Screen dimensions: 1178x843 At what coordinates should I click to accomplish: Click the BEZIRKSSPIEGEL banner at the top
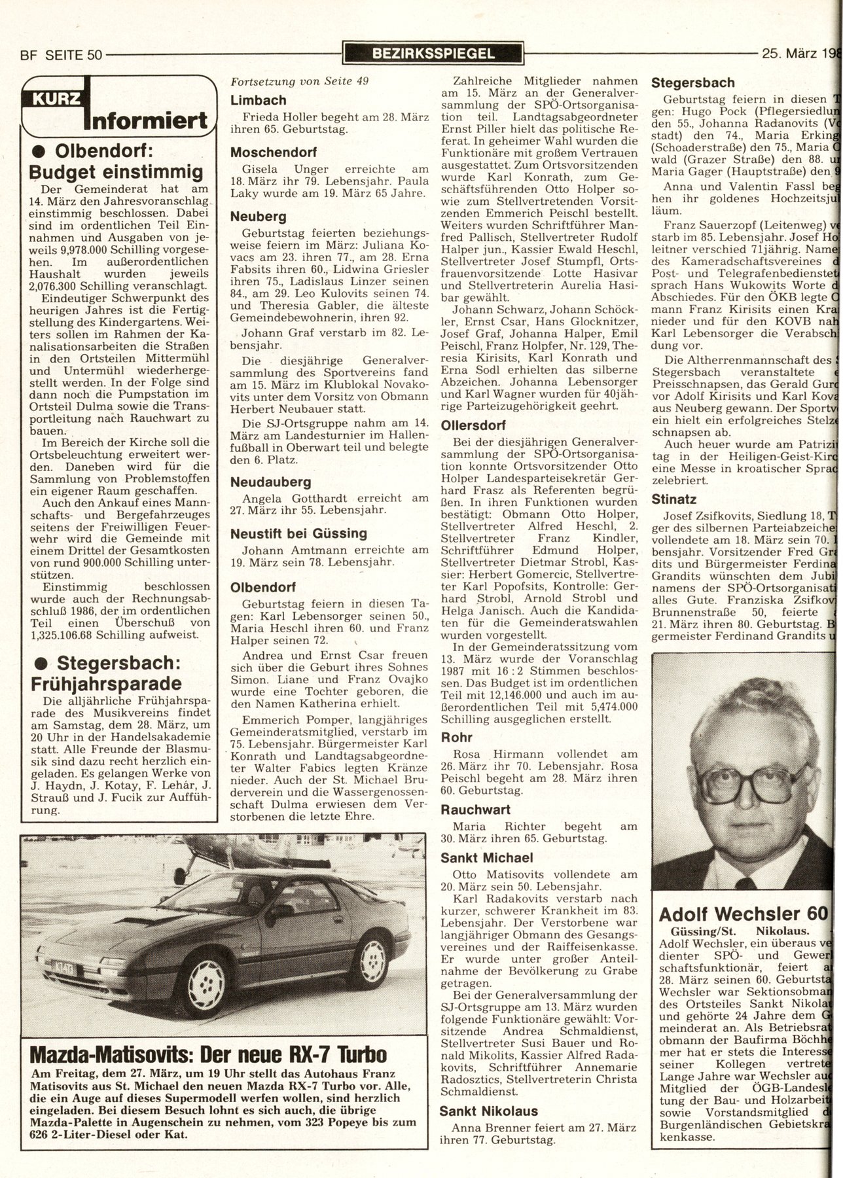tap(433, 53)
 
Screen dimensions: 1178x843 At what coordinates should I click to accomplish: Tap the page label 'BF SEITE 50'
tap(62, 55)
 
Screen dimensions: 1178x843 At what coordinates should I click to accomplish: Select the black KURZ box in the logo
tap(52, 99)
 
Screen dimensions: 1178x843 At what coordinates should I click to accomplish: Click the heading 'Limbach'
tap(259, 100)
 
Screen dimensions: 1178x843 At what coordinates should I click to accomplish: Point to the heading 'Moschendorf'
tap(274, 152)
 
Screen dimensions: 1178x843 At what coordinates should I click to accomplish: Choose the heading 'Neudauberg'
tap(271, 482)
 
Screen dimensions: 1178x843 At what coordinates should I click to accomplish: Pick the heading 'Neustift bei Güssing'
tap(298, 533)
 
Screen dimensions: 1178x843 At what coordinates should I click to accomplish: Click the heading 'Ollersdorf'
tap(473, 425)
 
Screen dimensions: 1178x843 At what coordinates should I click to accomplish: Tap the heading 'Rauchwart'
tap(475, 810)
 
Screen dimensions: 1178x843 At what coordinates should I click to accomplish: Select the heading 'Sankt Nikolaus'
tap(488, 1111)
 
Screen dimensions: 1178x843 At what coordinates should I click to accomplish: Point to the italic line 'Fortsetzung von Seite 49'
tap(300, 81)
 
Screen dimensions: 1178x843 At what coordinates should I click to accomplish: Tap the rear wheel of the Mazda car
tap(371, 959)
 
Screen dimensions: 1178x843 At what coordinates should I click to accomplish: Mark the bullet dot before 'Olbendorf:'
tap(39, 150)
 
